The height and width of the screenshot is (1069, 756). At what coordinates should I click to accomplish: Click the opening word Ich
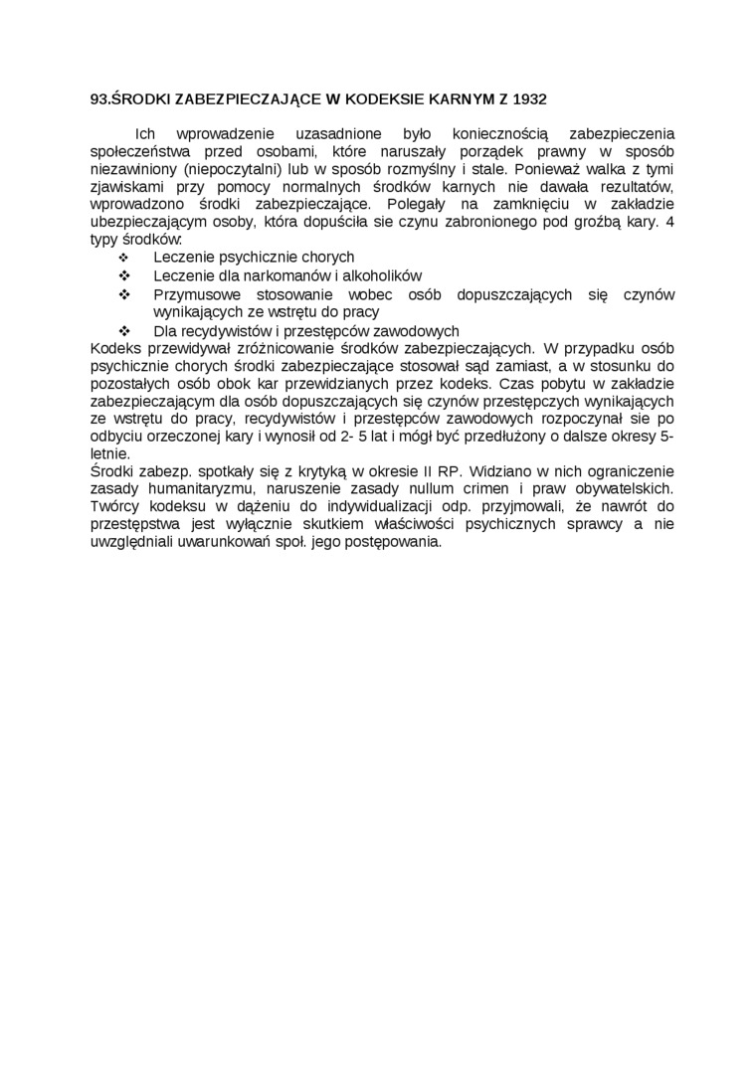tap(146, 133)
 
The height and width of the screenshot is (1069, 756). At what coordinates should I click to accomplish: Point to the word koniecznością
tap(493, 133)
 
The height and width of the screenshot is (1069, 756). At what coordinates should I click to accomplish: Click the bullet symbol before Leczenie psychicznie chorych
tap(125, 258)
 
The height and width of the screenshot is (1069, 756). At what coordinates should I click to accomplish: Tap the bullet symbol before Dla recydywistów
tap(125, 330)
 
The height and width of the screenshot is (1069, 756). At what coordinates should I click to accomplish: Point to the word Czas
tap(516, 383)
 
